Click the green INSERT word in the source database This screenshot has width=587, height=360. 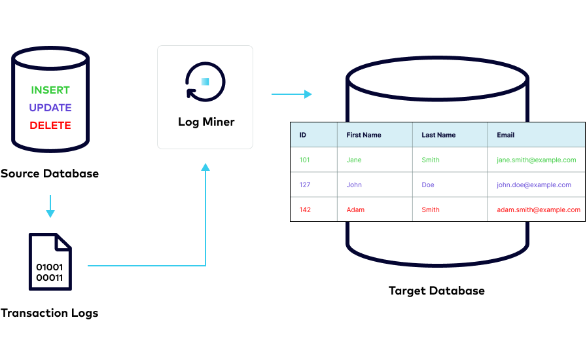(x=50, y=90)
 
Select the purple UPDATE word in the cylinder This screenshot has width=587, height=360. (x=50, y=108)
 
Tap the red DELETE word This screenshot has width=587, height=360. (x=50, y=125)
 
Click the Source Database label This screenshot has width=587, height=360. (x=50, y=173)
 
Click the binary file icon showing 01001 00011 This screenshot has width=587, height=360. (x=50, y=261)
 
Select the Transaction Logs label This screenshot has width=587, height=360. (x=50, y=313)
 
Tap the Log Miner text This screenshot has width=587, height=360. (x=206, y=122)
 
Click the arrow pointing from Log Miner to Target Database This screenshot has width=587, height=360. (x=291, y=94)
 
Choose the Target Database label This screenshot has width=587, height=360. (x=436, y=291)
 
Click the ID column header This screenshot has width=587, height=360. (x=303, y=135)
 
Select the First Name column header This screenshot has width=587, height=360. (x=364, y=135)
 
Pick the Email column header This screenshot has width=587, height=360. (x=506, y=135)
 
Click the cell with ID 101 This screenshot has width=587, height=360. (x=305, y=160)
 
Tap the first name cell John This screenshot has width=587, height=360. (x=354, y=185)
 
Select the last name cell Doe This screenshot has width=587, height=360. (x=428, y=185)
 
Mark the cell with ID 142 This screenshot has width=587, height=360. (x=305, y=209)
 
